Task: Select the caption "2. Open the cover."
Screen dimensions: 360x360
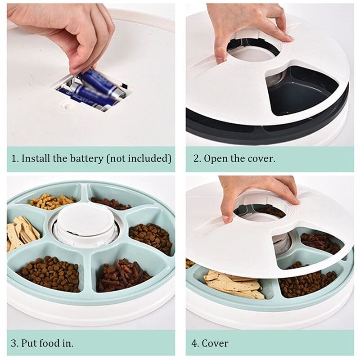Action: coord(234,158)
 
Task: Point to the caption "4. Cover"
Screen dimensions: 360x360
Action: coord(210,343)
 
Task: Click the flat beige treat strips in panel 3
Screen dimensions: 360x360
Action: coord(22,232)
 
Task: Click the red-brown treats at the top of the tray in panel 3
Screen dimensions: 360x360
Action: coord(110,203)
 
